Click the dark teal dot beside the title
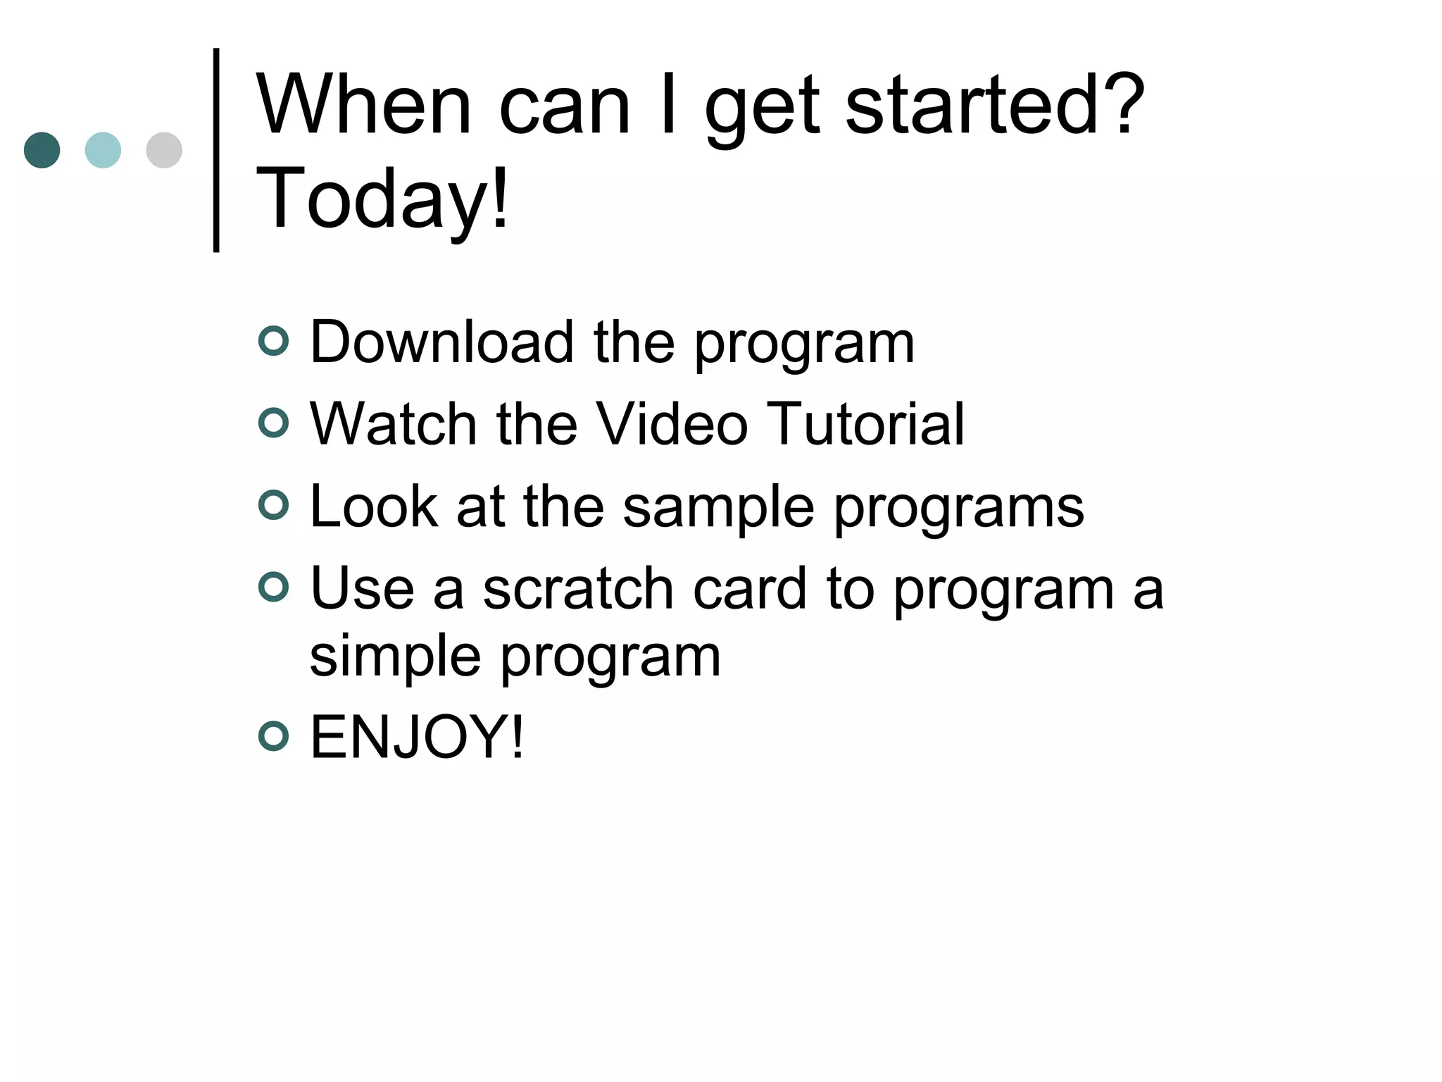pyautogui.click(x=42, y=150)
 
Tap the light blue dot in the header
pyautogui.click(x=103, y=150)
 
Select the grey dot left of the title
pyautogui.click(x=164, y=150)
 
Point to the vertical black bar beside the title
pyautogui.click(x=216, y=149)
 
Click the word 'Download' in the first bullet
pyautogui.click(x=441, y=342)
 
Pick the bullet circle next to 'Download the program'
pyautogui.click(x=274, y=342)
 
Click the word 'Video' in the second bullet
pyautogui.click(x=672, y=424)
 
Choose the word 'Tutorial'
pyautogui.click(x=865, y=424)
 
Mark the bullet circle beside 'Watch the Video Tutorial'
pyautogui.click(x=274, y=423)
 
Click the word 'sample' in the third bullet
pyautogui.click(x=718, y=507)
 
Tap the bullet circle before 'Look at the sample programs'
pyautogui.click(x=274, y=506)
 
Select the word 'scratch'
pyautogui.click(x=578, y=589)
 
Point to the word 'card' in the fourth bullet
pyautogui.click(x=749, y=589)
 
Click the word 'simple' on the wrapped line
pyautogui.click(x=395, y=657)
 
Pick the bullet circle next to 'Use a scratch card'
pyautogui.click(x=274, y=587)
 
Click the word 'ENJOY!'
pyautogui.click(x=417, y=737)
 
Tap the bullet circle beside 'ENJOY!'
pyautogui.click(x=274, y=736)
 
